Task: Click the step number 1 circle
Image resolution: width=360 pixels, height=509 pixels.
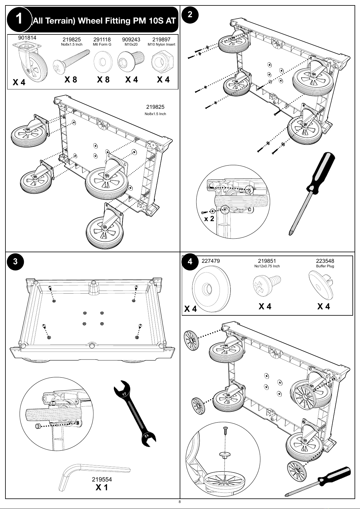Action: (x=19, y=19)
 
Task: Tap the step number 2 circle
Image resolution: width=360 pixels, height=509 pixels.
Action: (x=190, y=14)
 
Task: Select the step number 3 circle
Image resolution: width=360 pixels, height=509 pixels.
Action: (x=15, y=261)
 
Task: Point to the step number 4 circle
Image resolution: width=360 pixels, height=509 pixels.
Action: (x=190, y=261)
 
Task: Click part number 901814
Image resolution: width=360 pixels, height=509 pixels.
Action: (x=27, y=38)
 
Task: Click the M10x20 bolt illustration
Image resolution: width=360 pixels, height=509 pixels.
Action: (x=132, y=60)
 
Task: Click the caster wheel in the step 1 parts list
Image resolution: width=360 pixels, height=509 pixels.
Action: (x=31, y=60)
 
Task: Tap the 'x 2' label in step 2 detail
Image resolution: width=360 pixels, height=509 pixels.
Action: (x=209, y=218)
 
